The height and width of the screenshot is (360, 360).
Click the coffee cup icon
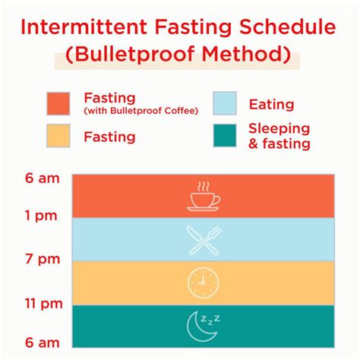(x=203, y=197)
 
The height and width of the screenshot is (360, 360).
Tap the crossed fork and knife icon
(x=203, y=239)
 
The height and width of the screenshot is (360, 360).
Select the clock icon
(x=203, y=283)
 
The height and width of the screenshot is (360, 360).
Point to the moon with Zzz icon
(x=203, y=326)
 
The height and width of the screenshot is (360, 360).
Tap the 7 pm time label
(x=40, y=261)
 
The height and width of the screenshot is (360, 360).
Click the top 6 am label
(x=40, y=178)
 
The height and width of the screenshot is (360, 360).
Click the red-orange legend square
(x=58, y=104)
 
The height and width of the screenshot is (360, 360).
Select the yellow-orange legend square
(x=58, y=136)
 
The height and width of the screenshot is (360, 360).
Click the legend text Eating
(x=270, y=105)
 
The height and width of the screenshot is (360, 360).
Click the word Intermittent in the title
(x=86, y=29)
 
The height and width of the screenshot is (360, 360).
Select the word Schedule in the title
(x=290, y=29)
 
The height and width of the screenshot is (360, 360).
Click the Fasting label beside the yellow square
(x=110, y=137)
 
